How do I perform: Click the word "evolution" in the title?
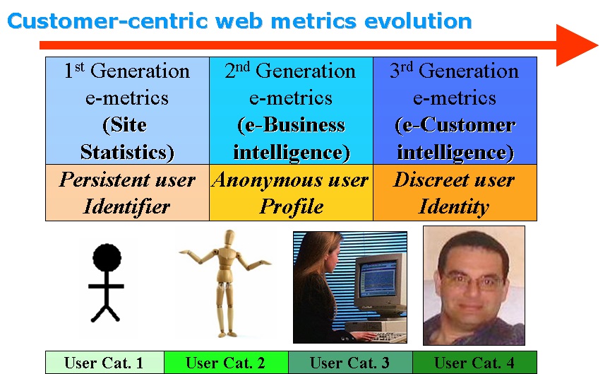tap(418, 21)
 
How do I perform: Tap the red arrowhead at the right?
tap(576, 45)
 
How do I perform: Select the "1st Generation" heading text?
tap(127, 71)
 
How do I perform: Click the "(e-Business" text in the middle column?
tap(291, 125)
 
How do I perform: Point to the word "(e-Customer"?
tap(455, 125)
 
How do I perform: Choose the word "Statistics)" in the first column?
tap(127, 152)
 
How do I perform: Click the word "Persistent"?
tap(104, 180)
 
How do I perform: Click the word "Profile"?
tap(292, 206)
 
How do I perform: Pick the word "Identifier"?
tap(127, 206)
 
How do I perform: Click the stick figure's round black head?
tap(107, 258)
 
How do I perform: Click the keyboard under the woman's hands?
tap(383, 336)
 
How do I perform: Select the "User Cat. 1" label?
tap(104, 363)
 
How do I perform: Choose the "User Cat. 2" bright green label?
tap(225, 363)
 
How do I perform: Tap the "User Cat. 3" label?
tap(349, 363)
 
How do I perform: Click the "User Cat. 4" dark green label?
tap(474, 363)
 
